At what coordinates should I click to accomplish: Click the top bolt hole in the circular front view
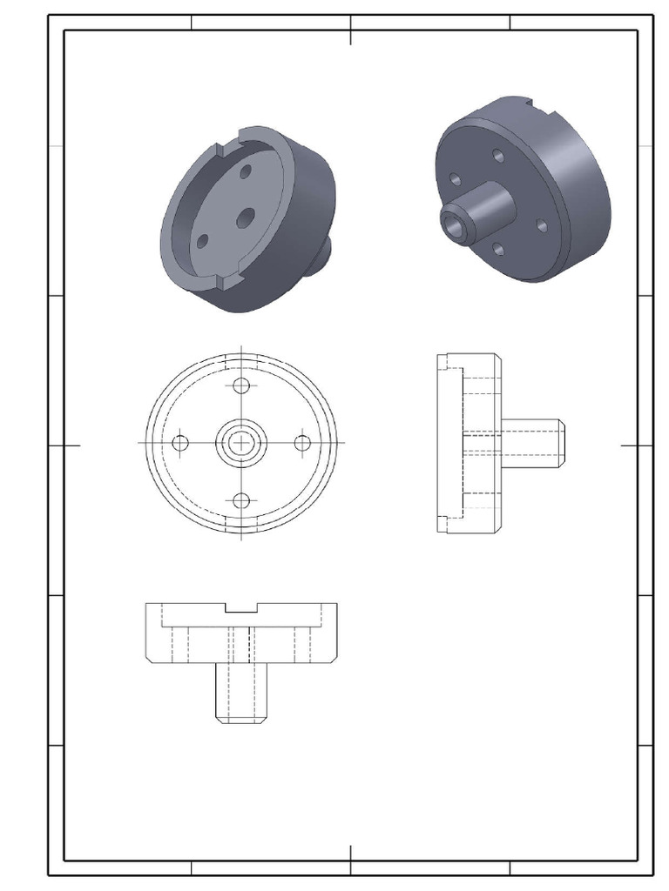click(242, 385)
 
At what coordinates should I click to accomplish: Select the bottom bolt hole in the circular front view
click(242, 500)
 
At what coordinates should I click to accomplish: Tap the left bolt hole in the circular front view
click(181, 443)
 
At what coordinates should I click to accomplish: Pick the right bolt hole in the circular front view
click(302, 443)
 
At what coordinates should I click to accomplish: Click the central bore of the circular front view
click(242, 443)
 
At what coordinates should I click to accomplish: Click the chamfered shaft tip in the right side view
click(563, 442)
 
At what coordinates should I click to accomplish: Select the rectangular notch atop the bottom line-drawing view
click(242, 608)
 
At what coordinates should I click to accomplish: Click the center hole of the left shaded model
click(245, 217)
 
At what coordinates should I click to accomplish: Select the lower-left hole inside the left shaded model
click(202, 241)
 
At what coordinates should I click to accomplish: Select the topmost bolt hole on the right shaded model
click(498, 155)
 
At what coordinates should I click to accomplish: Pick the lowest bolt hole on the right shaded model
click(499, 250)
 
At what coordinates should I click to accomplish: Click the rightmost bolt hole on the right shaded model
click(542, 225)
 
